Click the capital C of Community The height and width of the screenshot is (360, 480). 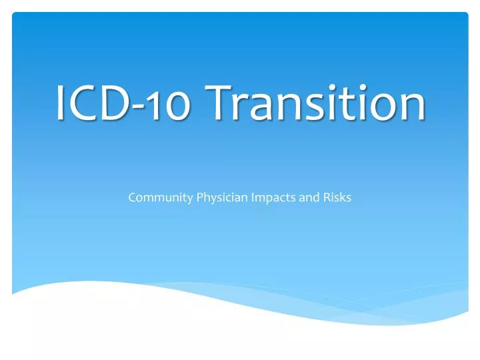point(132,198)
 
